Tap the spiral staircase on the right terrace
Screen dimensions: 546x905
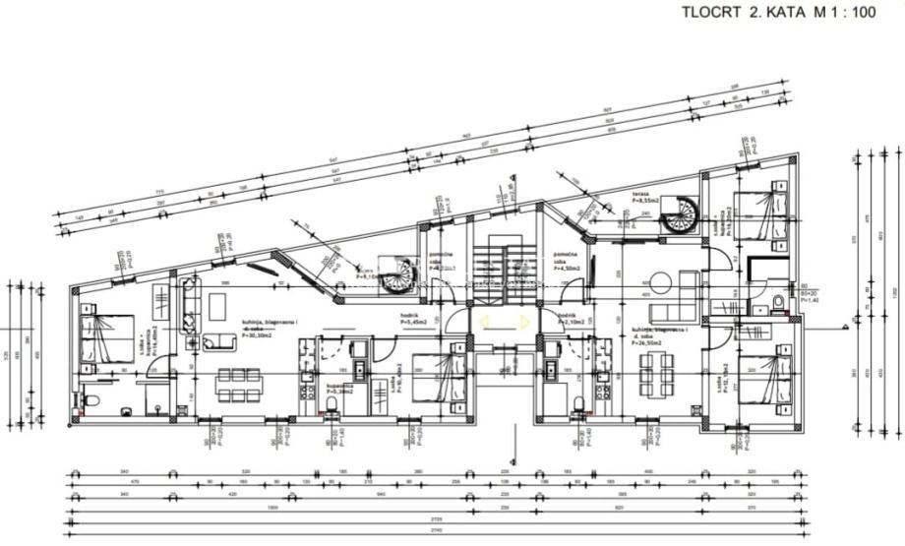coord(679,214)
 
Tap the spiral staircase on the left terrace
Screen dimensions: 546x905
coord(399,276)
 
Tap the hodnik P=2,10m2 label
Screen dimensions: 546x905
coord(572,321)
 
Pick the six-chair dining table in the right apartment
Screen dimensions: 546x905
coord(656,372)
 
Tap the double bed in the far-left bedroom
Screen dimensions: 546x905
coord(108,336)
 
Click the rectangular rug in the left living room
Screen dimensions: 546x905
coord(217,307)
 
